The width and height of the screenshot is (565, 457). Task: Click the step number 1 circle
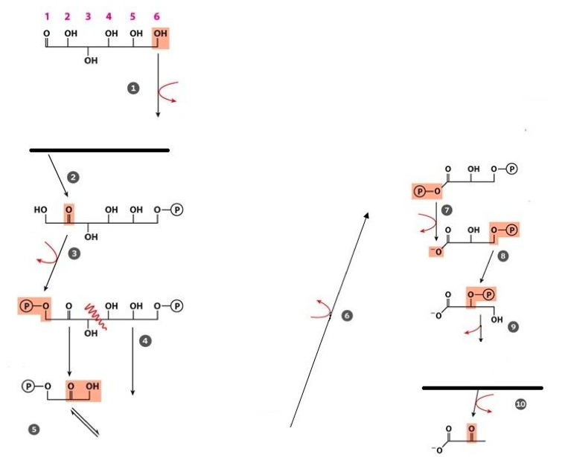pyautogui.click(x=133, y=88)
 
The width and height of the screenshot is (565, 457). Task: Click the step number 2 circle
pyautogui.click(x=73, y=177)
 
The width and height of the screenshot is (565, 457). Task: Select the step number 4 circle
pyautogui.click(x=146, y=340)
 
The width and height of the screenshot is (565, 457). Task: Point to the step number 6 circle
pyautogui.click(x=347, y=316)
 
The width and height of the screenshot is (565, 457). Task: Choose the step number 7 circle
pyautogui.click(x=447, y=210)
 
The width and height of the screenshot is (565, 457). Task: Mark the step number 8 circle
pyautogui.click(x=503, y=255)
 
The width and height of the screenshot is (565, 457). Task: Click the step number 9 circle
pyautogui.click(x=514, y=327)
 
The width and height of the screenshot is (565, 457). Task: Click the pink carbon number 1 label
pyautogui.click(x=47, y=15)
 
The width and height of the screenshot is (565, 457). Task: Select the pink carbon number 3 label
pyautogui.click(x=88, y=15)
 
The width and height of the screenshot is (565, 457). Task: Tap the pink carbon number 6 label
pyautogui.click(x=156, y=15)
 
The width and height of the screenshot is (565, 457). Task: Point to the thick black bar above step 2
pyautogui.click(x=99, y=150)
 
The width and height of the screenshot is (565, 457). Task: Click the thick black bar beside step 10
pyautogui.click(x=482, y=388)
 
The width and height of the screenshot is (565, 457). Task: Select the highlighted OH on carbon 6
pyautogui.click(x=160, y=36)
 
